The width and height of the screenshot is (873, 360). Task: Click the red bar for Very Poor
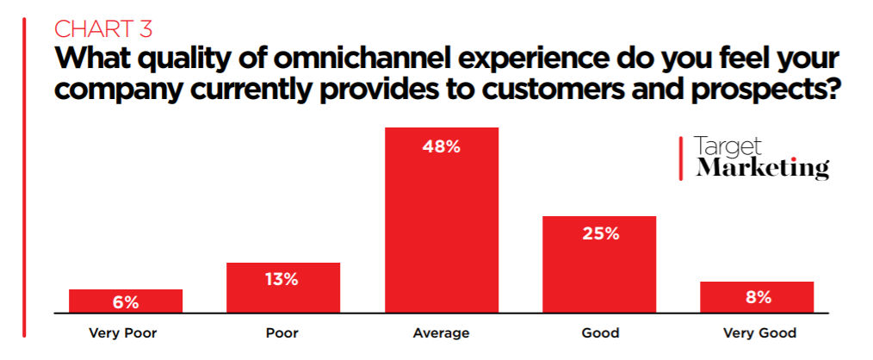126,301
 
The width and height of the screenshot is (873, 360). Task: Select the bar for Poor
283,288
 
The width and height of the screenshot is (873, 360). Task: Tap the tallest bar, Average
442,220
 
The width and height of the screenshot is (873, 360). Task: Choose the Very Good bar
757,296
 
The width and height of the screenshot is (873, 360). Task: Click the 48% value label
442,146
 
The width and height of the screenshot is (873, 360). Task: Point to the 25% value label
599,233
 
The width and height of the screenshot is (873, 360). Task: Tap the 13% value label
283,279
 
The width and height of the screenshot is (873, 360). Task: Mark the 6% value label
126,302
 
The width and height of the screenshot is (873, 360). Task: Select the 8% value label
758,297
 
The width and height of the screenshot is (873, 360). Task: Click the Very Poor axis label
126,332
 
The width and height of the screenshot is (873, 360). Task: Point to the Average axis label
442,332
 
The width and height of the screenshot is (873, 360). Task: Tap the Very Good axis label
758,332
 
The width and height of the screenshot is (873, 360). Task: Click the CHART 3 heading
103,28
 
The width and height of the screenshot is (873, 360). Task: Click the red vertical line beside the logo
681,158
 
